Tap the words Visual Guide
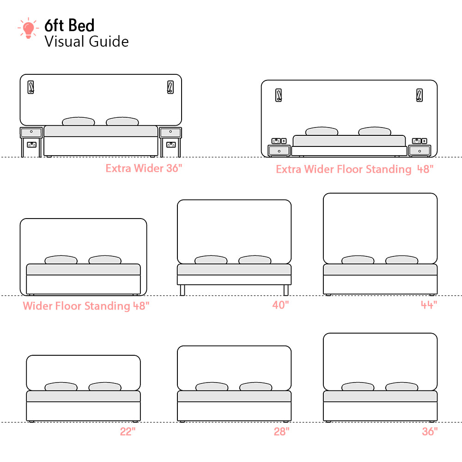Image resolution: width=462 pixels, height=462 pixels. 86,42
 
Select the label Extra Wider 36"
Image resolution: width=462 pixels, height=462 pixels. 144,168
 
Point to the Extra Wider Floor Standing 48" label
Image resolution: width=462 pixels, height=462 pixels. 355,170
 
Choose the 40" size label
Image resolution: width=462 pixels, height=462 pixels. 280,305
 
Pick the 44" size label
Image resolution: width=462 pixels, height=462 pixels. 429,305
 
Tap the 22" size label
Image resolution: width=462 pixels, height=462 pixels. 128,432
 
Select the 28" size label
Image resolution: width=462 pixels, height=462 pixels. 281,432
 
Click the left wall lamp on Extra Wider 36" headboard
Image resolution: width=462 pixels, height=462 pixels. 31,87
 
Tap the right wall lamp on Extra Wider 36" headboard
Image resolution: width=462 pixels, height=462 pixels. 170,87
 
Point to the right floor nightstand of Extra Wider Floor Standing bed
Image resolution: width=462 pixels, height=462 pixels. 419,151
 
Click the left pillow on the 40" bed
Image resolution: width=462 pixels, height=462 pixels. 211,260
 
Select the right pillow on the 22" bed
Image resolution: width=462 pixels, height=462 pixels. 105,387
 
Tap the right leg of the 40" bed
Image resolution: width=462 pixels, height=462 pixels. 286,290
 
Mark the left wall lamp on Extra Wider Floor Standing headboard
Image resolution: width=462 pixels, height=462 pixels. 279,95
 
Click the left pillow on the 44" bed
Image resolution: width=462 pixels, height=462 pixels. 358,260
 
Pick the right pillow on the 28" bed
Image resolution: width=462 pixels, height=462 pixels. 255,387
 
